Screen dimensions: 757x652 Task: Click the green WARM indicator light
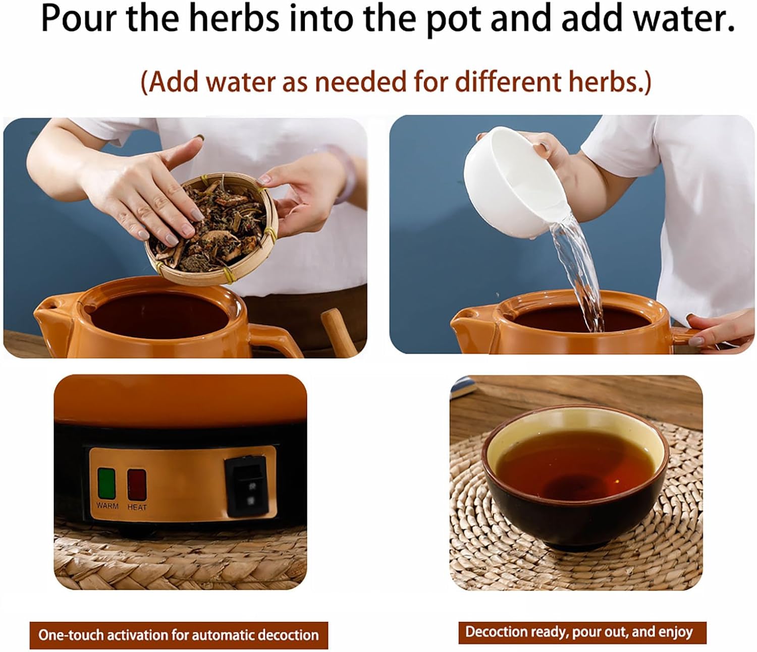(x=106, y=483)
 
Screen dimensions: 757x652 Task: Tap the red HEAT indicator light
(x=137, y=485)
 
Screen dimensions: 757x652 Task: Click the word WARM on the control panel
(x=107, y=506)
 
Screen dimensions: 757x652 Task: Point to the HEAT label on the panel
(x=137, y=507)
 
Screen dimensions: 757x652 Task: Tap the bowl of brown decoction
(x=575, y=478)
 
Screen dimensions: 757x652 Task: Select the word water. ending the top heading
(x=684, y=18)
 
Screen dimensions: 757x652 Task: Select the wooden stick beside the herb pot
(x=339, y=332)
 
